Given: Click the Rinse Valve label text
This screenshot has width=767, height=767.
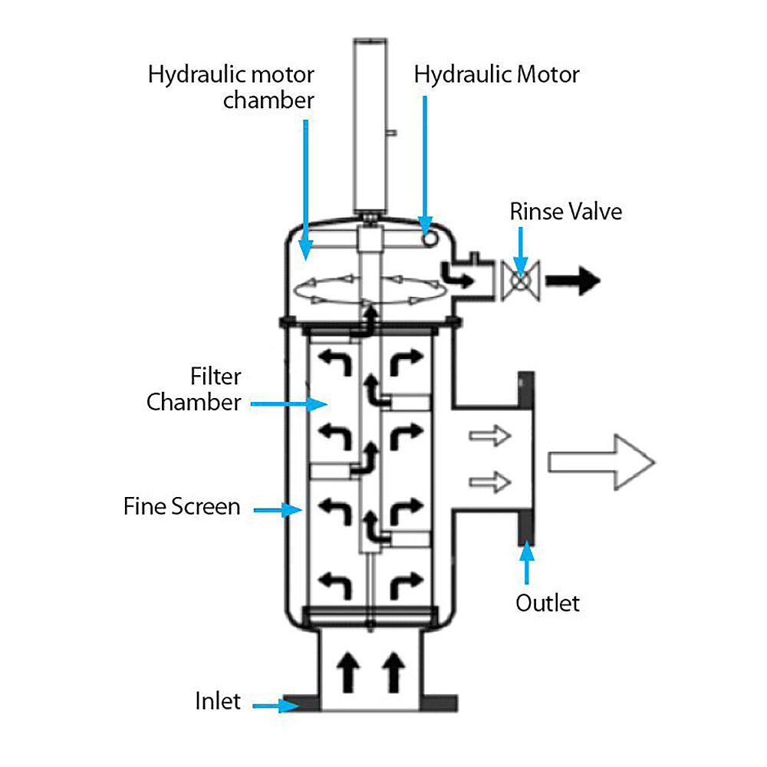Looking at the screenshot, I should [x=565, y=211].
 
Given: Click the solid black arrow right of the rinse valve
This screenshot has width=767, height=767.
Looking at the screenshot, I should [x=577, y=281].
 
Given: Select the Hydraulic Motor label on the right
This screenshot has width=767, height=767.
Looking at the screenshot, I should [x=496, y=74].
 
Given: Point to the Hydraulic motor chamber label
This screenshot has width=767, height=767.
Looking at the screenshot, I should [x=231, y=87].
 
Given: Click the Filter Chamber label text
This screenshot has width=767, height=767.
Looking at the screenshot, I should [x=195, y=390].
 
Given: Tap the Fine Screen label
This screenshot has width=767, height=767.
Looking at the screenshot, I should [x=182, y=507].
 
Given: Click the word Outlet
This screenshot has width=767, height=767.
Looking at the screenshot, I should [x=548, y=603].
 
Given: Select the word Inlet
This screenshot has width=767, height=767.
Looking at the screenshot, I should [x=218, y=701].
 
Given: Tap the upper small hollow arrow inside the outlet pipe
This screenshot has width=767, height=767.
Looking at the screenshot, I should [x=489, y=436].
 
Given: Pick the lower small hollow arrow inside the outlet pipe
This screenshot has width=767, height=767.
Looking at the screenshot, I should [x=489, y=482].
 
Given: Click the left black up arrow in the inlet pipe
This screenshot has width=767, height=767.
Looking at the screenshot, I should [x=349, y=672].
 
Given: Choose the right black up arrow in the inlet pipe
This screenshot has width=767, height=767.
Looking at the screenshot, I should [x=394, y=672].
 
